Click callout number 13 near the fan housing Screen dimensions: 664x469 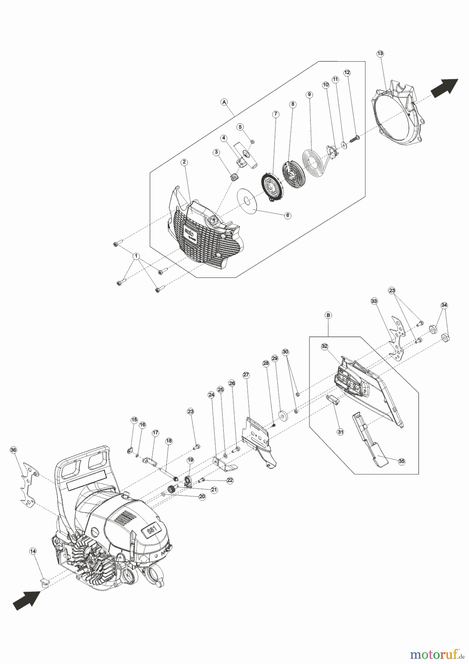pyautogui.click(x=380, y=53)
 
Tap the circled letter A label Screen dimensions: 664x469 pyautogui.click(x=224, y=102)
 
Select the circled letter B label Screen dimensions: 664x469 pyautogui.click(x=328, y=315)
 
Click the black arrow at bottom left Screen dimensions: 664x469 pyautogui.click(x=27, y=599)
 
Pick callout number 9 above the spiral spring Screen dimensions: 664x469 pyautogui.click(x=309, y=94)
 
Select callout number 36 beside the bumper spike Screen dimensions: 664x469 pyautogui.click(x=13, y=450)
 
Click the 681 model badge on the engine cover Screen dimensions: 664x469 pyautogui.click(x=152, y=530)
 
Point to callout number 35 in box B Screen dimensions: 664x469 pyautogui.click(x=402, y=461)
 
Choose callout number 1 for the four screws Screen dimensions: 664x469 pyautogui.click(x=136, y=256)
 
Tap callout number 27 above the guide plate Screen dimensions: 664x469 pyautogui.click(x=246, y=375)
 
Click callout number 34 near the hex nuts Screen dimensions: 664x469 pyautogui.click(x=444, y=305)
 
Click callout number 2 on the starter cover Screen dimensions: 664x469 pyautogui.click(x=184, y=162)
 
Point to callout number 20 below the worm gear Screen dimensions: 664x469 pyautogui.click(x=202, y=497)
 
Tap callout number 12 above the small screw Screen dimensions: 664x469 pyautogui.click(x=347, y=73)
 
